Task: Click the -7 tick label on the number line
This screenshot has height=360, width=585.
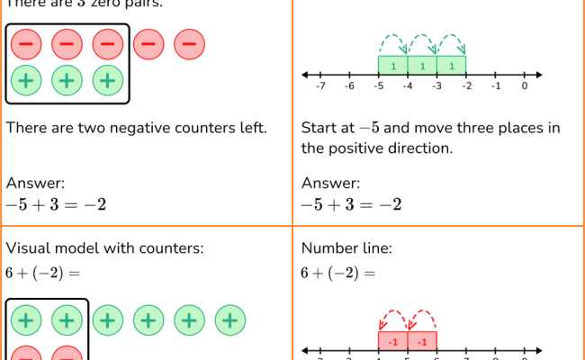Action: tap(320, 87)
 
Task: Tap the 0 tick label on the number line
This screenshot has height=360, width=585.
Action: tap(524, 87)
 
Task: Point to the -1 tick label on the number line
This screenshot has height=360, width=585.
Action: tap(495, 87)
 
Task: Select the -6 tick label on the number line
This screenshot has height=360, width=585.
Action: tap(349, 87)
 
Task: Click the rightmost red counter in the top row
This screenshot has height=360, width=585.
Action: tap(189, 44)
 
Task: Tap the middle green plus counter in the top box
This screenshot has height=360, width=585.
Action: tap(67, 80)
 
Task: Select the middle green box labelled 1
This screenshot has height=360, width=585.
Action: tap(422, 65)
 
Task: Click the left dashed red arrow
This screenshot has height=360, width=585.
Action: tap(393, 320)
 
